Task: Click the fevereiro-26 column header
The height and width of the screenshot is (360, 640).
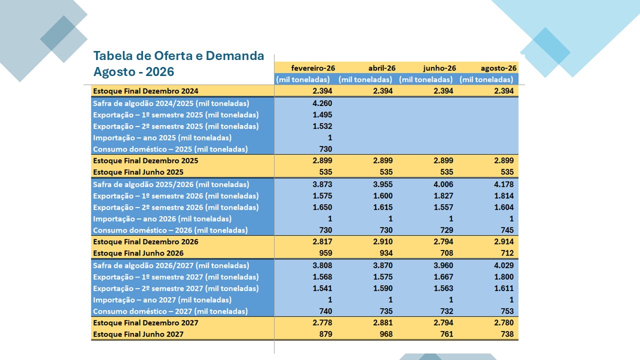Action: (x=313, y=68)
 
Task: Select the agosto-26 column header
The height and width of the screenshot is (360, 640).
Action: (x=498, y=68)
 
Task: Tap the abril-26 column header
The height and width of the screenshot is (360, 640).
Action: (x=381, y=68)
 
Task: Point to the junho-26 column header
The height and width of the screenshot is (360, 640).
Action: (x=439, y=68)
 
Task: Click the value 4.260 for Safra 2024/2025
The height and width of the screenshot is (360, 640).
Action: (x=322, y=103)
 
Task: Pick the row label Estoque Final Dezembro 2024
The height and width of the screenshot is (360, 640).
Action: (x=145, y=91)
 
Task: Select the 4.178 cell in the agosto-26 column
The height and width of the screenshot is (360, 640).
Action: (x=503, y=184)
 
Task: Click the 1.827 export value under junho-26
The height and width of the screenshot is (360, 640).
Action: (x=443, y=195)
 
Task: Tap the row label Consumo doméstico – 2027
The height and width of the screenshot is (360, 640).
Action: (x=170, y=311)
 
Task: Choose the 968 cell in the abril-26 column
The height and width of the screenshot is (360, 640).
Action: (x=386, y=334)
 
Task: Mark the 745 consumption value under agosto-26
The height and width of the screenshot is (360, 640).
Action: (x=507, y=230)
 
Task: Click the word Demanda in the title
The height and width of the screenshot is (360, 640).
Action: (x=235, y=55)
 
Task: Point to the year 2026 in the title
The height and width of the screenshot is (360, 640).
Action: (x=159, y=71)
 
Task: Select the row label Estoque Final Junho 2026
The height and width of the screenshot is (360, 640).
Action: (x=138, y=253)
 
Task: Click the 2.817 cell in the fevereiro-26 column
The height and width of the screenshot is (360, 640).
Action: (x=322, y=241)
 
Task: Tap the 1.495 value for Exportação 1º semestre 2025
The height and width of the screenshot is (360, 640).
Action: (x=322, y=114)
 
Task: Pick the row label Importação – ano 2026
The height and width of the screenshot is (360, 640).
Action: (x=162, y=218)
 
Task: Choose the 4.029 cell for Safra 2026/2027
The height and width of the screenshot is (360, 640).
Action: (x=503, y=265)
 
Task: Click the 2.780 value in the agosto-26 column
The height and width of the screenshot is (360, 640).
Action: (x=503, y=322)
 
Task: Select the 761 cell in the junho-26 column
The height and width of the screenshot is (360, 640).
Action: (x=446, y=334)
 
